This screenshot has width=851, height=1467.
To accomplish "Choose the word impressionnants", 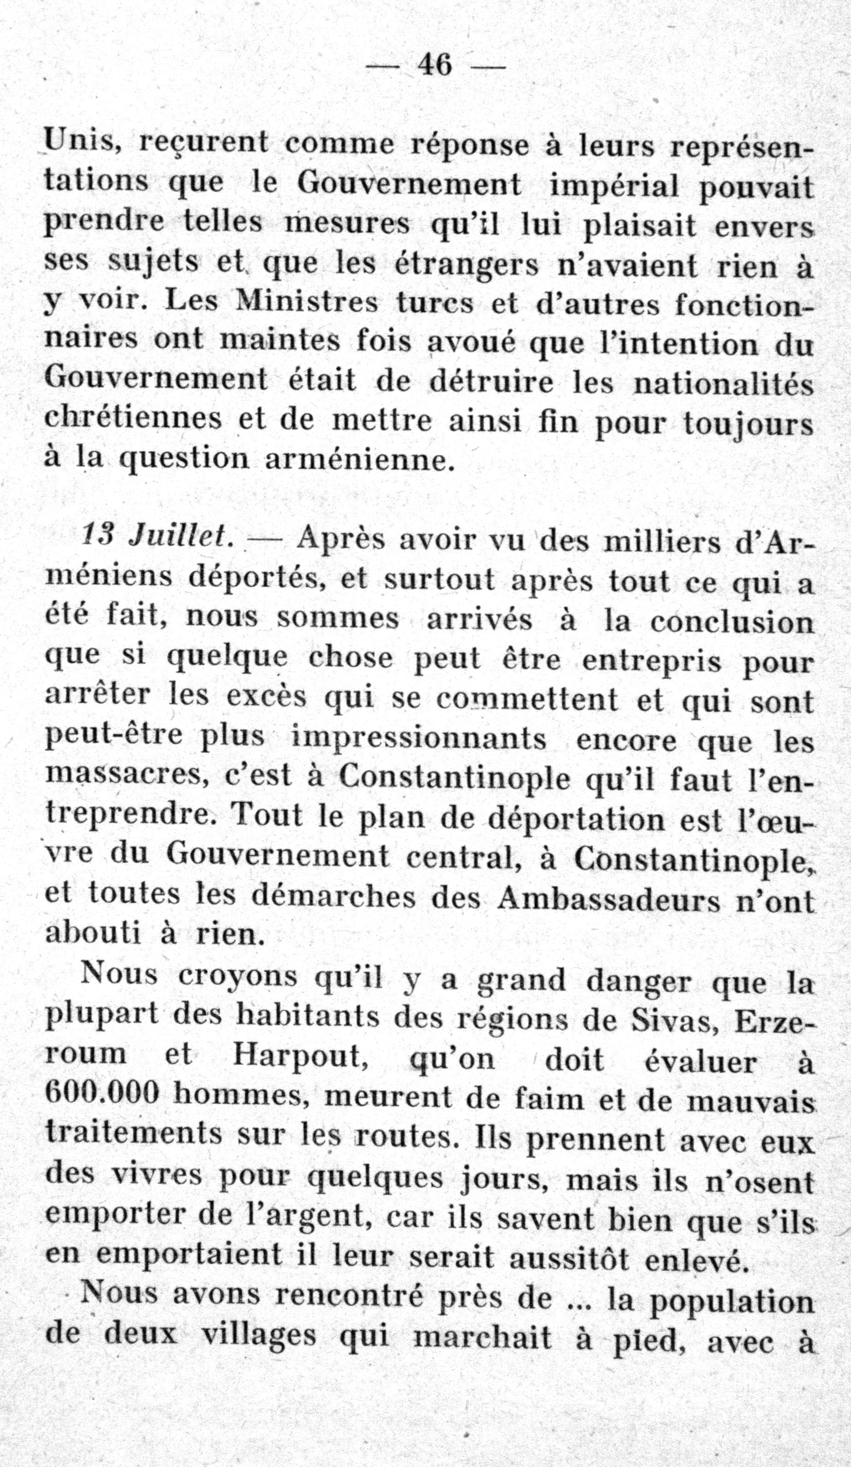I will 419,739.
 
